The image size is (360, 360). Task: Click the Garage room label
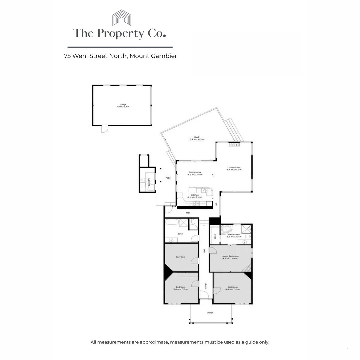tap(123, 104)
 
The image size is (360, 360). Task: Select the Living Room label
tap(234, 167)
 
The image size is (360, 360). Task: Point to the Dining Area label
tap(195, 172)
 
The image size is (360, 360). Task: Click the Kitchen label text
tap(195, 195)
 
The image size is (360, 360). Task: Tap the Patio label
tap(168, 178)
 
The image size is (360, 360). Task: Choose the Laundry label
tap(149, 182)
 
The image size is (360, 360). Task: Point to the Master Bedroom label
tap(230, 256)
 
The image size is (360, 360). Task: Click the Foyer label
tap(206, 286)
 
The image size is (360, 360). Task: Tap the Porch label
tap(210, 313)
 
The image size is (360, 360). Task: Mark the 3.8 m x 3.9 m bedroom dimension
tap(181, 289)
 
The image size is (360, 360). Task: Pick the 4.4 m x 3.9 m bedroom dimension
tap(232, 289)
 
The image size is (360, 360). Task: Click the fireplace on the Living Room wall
tap(234, 145)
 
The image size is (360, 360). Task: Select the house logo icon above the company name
tap(121, 18)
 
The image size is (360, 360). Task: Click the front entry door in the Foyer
tap(204, 295)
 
